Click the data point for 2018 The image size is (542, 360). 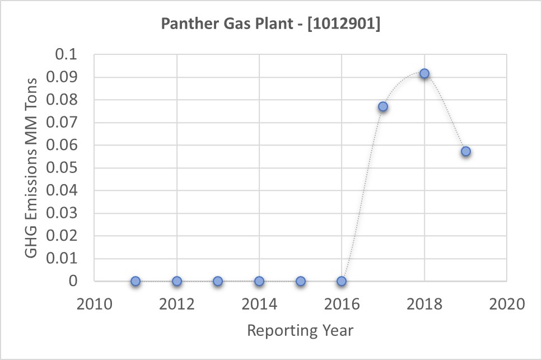click(x=424, y=74)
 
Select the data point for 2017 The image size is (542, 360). click(x=383, y=106)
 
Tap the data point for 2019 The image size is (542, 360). click(x=465, y=152)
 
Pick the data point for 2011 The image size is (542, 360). click(x=135, y=281)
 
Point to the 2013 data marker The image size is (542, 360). click(x=218, y=281)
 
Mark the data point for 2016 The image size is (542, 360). click(x=342, y=281)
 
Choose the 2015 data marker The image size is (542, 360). click(x=301, y=281)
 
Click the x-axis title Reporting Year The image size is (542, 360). click(x=300, y=330)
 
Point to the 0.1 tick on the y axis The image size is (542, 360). click(x=66, y=55)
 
